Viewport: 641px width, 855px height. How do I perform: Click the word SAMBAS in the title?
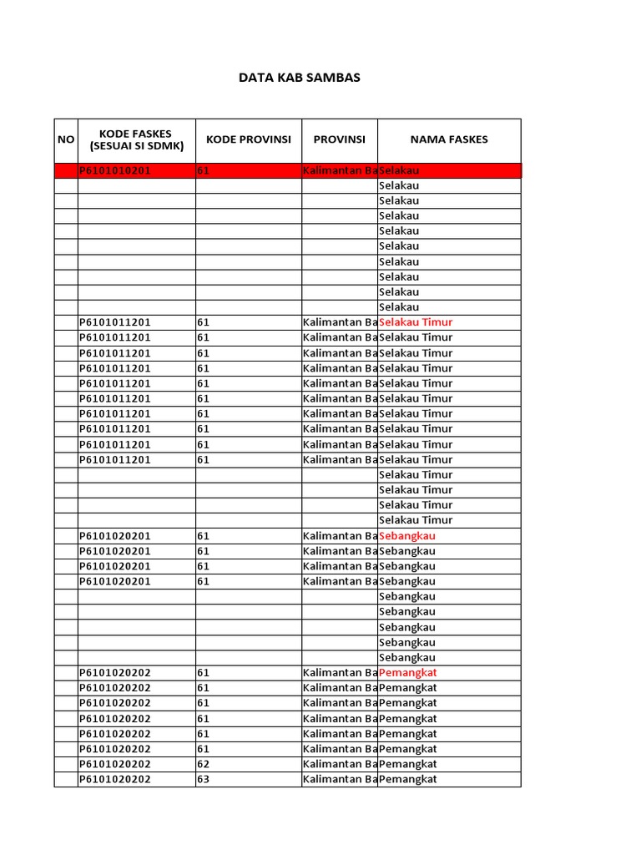click(333, 78)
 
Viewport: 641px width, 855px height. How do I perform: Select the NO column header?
click(66, 139)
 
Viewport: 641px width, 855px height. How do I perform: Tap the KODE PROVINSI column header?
click(249, 139)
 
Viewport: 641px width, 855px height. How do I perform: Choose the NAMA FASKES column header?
click(449, 139)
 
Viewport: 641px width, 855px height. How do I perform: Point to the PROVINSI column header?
click(340, 139)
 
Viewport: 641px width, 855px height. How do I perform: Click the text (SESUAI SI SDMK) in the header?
click(137, 146)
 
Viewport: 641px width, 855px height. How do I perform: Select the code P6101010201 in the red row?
click(115, 170)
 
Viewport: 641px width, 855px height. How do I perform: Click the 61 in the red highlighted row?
click(204, 170)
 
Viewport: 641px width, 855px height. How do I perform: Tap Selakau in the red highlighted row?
click(399, 170)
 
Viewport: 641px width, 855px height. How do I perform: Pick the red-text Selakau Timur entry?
click(416, 322)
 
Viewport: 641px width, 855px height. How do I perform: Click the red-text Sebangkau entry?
click(407, 536)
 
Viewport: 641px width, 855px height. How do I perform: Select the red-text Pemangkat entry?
click(408, 673)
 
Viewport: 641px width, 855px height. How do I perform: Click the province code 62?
click(204, 764)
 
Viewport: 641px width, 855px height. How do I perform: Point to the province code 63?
click(204, 779)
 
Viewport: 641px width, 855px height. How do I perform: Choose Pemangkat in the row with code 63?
click(408, 779)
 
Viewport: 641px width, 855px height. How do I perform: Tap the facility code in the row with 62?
click(115, 764)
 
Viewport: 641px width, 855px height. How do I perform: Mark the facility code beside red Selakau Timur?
click(115, 322)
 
